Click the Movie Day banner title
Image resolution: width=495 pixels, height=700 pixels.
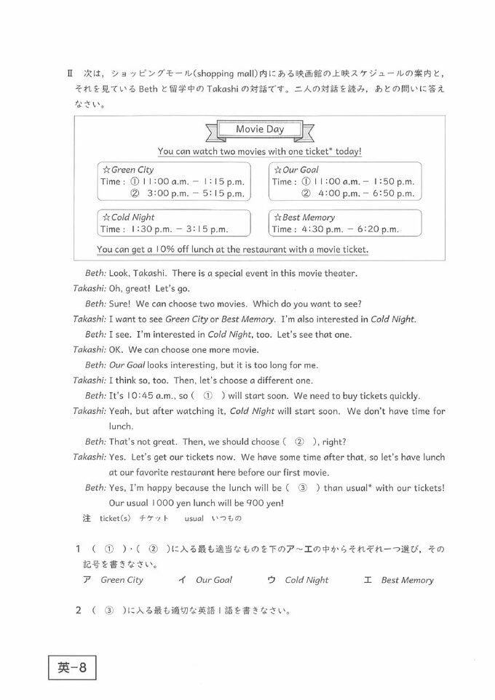click(x=259, y=130)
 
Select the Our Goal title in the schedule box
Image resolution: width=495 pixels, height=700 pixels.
click(x=298, y=170)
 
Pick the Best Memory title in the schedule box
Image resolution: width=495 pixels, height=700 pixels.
click(x=304, y=217)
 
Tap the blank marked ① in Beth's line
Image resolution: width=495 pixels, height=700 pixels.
click(x=207, y=396)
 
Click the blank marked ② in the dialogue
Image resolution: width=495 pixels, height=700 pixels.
click(x=298, y=442)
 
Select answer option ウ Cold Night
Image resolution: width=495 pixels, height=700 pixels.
click(x=298, y=580)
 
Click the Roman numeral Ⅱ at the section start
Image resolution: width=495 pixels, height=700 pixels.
click(x=71, y=73)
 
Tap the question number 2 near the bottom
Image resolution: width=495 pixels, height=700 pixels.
click(x=78, y=610)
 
